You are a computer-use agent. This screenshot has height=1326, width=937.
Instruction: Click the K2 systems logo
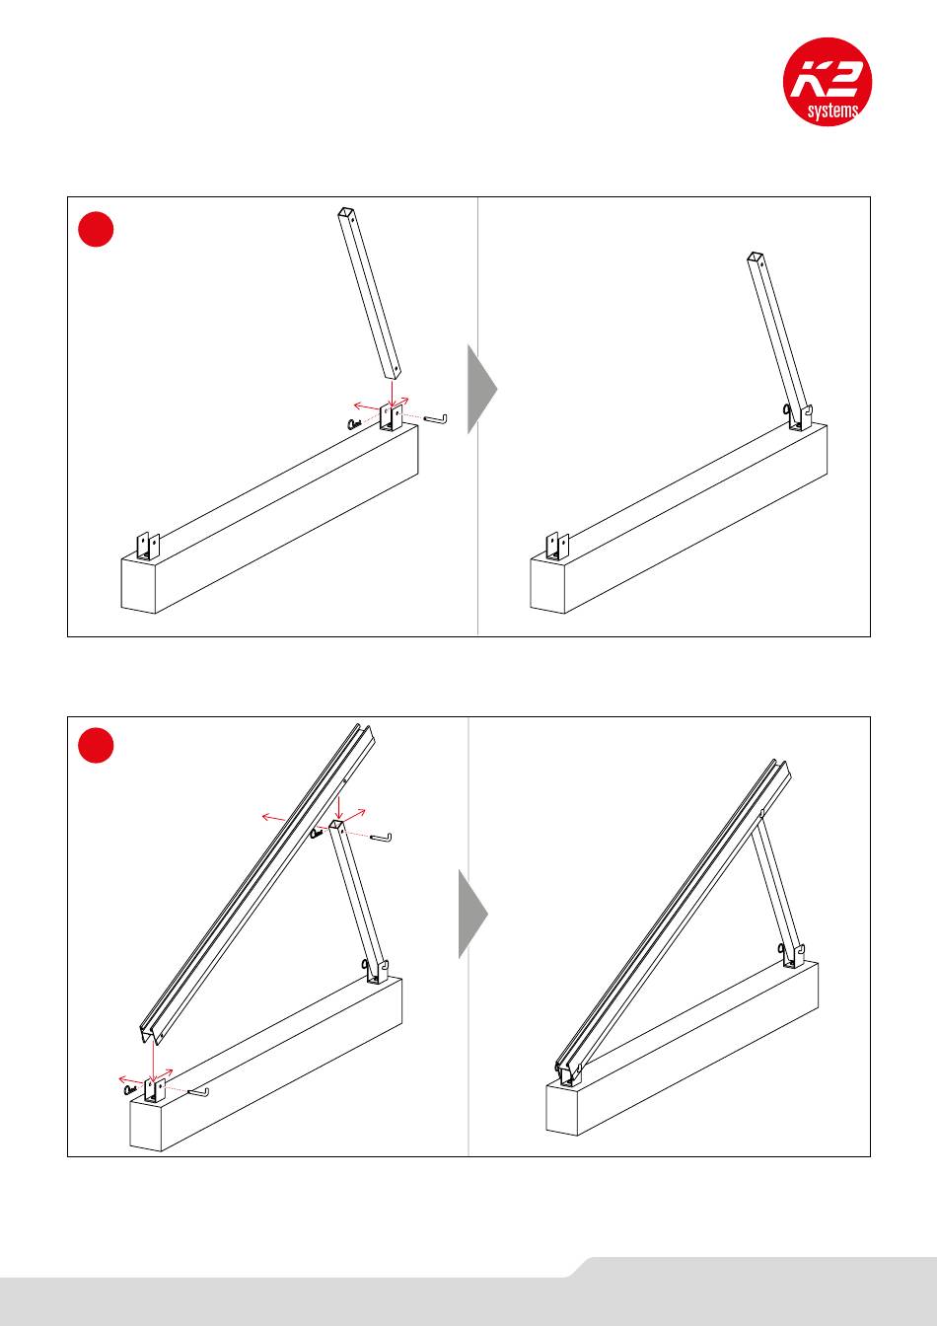tap(827, 81)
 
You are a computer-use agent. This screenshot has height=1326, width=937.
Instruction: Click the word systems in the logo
tap(832, 110)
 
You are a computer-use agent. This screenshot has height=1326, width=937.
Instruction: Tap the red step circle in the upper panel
tap(96, 229)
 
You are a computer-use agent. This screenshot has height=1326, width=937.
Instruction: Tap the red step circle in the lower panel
tap(96, 745)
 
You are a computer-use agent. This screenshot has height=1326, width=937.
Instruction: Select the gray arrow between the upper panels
tap(482, 389)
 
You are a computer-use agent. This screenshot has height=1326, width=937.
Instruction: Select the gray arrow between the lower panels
tap(473, 914)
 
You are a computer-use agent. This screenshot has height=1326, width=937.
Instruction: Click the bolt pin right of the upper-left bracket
tap(436, 418)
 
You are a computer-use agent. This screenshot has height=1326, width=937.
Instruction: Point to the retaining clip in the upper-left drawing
tap(354, 423)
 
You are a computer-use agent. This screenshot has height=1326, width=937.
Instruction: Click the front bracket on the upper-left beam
tap(148, 547)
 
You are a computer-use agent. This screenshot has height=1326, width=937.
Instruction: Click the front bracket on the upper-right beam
tap(557, 547)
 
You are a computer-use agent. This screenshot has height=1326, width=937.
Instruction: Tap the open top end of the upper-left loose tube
tap(345, 212)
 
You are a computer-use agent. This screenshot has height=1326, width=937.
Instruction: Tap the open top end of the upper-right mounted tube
tap(755, 257)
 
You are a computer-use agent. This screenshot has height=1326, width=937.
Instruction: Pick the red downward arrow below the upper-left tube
tap(392, 395)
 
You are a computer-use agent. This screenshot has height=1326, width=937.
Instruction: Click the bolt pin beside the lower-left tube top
tap(381, 836)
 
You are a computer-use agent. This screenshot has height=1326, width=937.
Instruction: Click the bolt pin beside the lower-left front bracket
tap(197, 1090)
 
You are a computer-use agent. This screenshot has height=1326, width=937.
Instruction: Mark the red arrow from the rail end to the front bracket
tap(153, 1061)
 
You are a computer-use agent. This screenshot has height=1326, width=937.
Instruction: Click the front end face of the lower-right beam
tap(561, 1108)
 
